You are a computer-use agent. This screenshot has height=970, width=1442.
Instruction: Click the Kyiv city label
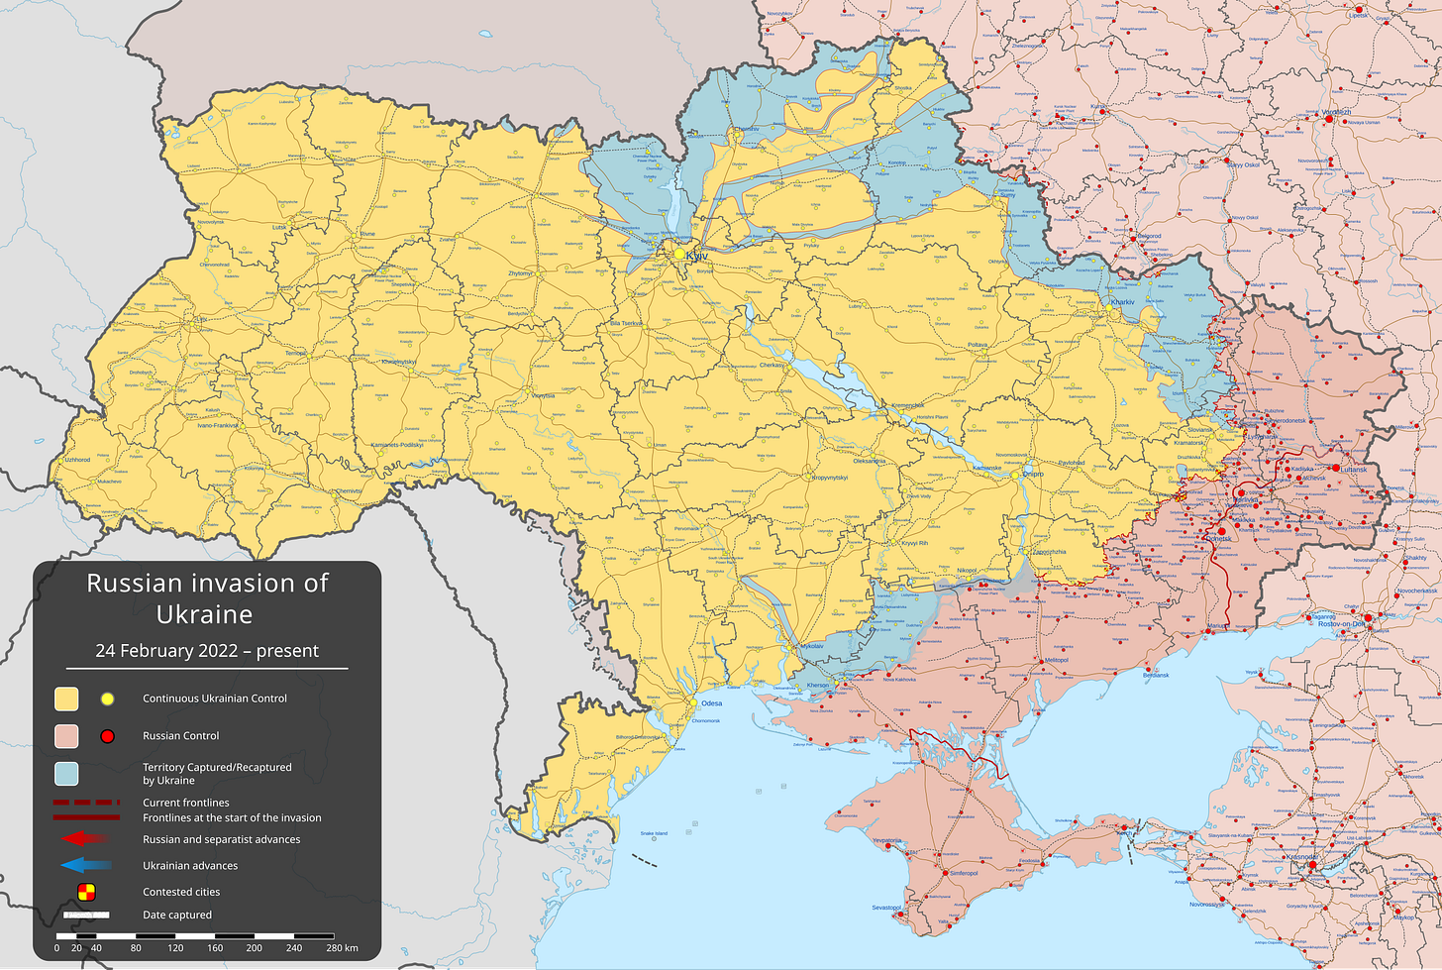click(x=696, y=256)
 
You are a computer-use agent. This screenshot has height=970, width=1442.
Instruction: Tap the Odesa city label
click(x=711, y=703)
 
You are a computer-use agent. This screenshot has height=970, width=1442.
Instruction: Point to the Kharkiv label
click(x=1122, y=302)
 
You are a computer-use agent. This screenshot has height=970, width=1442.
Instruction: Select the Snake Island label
click(x=654, y=833)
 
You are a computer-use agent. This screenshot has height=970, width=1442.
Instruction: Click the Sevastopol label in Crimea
click(x=886, y=908)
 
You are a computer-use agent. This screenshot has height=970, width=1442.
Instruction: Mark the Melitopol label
click(x=1057, y=660)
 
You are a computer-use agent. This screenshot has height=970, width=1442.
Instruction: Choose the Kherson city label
click(x=818, y=686)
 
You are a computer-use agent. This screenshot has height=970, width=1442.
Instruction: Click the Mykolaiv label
click(x=811, y=646)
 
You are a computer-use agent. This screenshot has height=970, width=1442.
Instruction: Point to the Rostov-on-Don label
click(x=1341, y=624)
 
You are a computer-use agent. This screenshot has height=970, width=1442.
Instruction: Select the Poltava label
click(x=978, y=345)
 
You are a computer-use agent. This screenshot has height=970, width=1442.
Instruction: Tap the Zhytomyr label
click(x=520, y=273)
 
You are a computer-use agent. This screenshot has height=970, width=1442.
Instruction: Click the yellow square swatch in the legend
click(x=66, y=699)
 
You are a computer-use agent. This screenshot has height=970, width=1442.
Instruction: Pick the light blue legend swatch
click(x=66, y=773)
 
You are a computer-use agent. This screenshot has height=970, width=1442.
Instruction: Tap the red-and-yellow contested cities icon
click(x=87, y=892)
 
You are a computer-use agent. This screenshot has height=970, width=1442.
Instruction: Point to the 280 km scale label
click(x=342, y=948)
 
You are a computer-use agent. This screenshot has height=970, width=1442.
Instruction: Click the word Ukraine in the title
click(x=205, y=614)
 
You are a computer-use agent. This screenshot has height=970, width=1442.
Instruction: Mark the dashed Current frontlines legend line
click(x=87, y=803)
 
